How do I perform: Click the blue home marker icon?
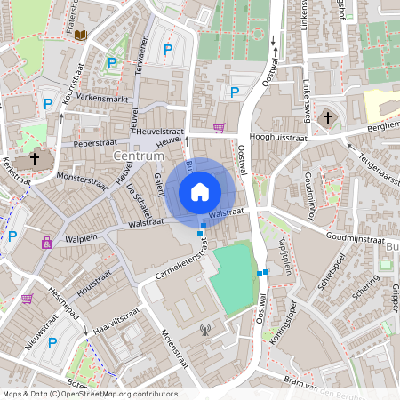(x=200, y=191)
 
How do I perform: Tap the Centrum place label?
(x=140, y=156)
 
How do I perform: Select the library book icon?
(x=81, y=35)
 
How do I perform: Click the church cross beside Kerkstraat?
(x=35, y=159)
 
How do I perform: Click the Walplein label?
(x=80, y=238)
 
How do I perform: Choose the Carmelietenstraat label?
(x=187, y=266)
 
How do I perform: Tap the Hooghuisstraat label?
(x=277, y=139)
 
